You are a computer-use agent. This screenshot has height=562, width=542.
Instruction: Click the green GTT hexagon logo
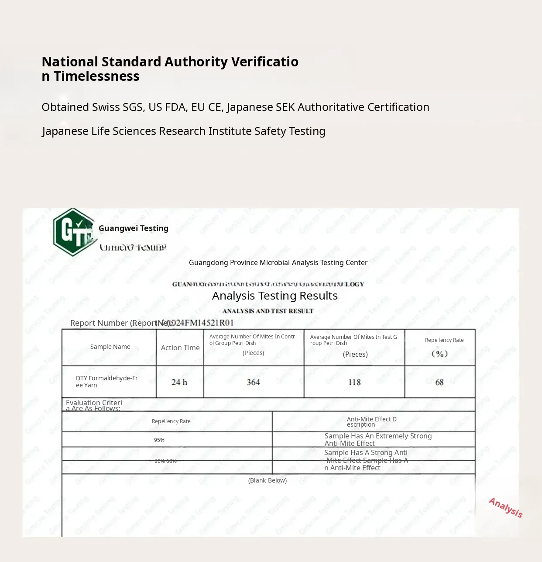pos(73,232)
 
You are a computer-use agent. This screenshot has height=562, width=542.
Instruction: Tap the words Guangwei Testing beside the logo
pos(134,228)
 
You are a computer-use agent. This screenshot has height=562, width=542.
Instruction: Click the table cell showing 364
pos(253,383)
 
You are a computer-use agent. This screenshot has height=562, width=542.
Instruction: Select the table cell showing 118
pos(354,383)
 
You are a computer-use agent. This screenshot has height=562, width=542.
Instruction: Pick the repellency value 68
pos(439,383)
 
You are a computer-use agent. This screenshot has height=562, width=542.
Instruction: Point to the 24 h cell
pos(179,383)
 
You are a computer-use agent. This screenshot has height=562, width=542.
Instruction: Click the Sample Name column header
pos(110,347)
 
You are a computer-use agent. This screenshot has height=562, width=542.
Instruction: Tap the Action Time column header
pos(180,348)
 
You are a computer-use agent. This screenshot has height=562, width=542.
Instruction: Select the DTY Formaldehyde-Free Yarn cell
pos(107,382)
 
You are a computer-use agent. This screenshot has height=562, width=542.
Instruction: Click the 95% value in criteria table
pos(159,440)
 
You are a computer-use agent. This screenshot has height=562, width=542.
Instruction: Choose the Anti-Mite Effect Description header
pos(372,422)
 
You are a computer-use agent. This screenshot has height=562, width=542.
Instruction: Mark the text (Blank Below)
pos(268,480)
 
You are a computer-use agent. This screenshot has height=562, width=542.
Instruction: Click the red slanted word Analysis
pos(505,507)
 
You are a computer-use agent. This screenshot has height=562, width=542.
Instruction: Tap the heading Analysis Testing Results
pos(275,296)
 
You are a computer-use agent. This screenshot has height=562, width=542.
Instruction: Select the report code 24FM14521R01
pos(202,323)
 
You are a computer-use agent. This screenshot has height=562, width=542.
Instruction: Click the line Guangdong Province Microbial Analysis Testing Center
pos(278,262)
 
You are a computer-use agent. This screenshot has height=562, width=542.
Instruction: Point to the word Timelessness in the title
pos(96,76)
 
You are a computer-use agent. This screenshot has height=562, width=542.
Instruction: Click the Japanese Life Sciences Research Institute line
pos(184,131)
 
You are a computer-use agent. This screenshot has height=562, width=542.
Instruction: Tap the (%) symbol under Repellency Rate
pos(439,354)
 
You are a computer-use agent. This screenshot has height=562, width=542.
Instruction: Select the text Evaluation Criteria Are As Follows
pos(94,406)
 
